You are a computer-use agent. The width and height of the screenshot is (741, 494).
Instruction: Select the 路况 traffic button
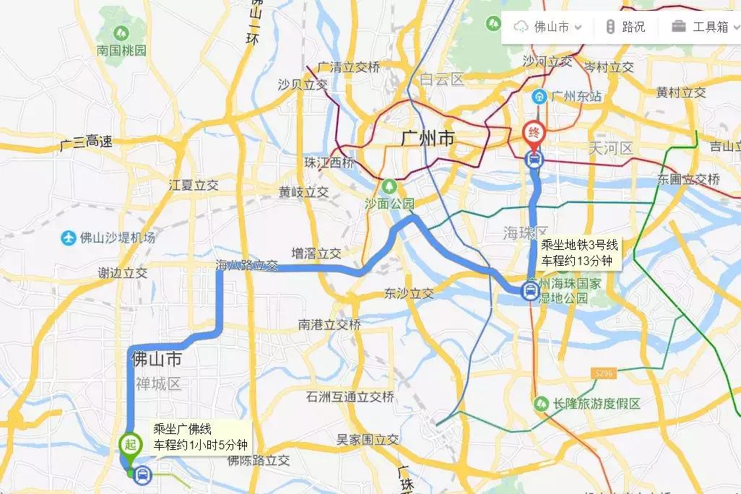coord(625,27)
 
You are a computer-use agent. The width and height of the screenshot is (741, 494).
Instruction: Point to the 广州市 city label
coord(428,137)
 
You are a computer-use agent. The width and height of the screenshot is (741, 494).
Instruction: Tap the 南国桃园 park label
coord(121,51)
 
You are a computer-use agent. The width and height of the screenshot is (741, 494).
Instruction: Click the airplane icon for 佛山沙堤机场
coord(68,237)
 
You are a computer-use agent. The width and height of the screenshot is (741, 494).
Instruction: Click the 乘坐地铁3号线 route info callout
coord(579,253)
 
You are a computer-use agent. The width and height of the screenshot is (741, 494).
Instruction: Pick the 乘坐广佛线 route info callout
coord(200,436)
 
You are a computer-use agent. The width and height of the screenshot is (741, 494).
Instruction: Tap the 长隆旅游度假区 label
coord(597,404)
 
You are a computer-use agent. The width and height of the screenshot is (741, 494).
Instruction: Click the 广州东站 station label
coord(576,96)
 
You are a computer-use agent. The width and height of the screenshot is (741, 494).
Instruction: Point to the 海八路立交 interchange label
coord(246,265)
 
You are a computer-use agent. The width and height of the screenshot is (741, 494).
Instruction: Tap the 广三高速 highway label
coord(86,142)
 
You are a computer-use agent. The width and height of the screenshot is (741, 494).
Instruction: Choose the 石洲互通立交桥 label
coord(350,396)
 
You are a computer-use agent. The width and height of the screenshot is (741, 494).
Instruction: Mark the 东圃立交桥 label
coord(688,178)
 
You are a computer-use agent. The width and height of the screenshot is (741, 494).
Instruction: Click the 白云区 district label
coord(442,80)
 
